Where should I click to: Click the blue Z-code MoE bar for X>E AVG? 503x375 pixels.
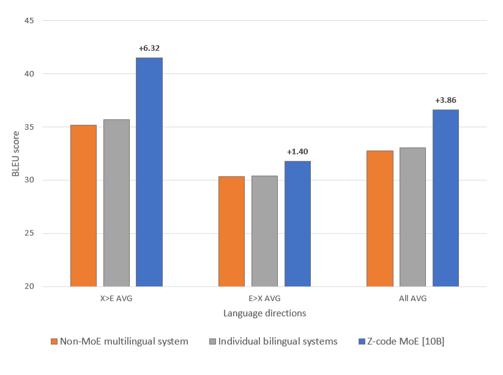coord(149,172)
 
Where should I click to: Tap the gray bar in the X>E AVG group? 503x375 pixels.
coord(116,202)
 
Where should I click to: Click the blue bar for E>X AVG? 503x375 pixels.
coord(297,223)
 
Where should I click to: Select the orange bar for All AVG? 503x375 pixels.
coord(379,218)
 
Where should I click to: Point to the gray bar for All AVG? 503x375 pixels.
coord(412,217)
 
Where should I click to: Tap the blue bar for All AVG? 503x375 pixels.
coord(445,198)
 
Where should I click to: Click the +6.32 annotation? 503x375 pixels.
coord(149,48)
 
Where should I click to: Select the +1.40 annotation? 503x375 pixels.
coord(297,151)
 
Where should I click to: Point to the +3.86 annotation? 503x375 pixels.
coord(445,100)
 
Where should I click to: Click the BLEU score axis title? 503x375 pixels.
coord(16,154)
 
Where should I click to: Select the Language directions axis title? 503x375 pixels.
coord(264,313)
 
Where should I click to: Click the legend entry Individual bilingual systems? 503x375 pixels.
coord(273,341)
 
